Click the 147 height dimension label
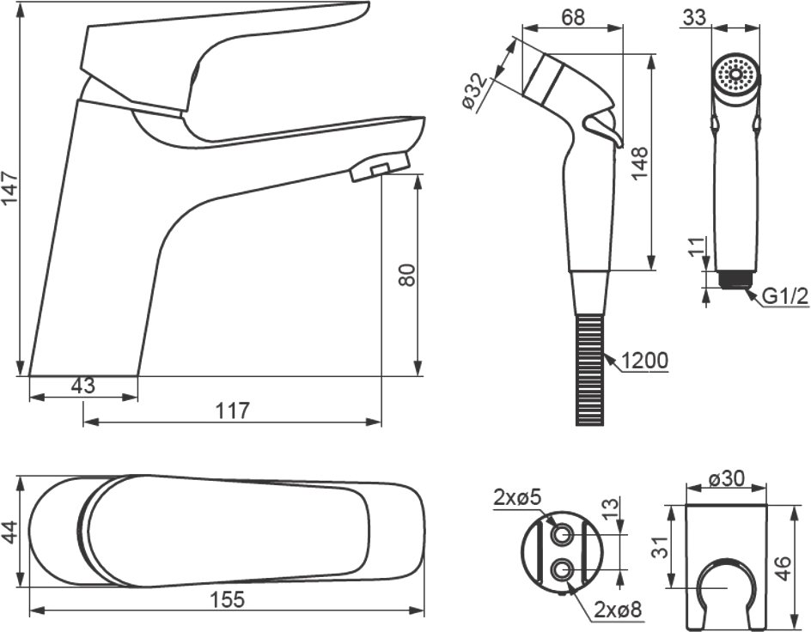coord(10,189)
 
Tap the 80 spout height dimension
coord(407,275)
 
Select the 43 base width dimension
coord(83,386)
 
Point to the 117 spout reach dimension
coord(232,410)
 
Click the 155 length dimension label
coord(227,600)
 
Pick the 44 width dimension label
coord(10,532)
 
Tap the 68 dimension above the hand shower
coord(572,16)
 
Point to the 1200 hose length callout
coord(643,360)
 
